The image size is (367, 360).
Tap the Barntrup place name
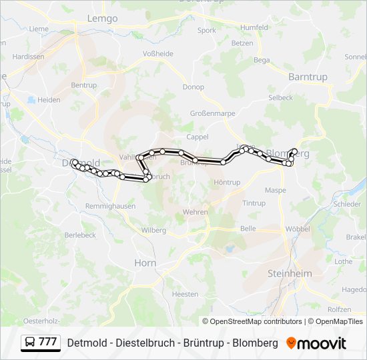[x=308, y=77]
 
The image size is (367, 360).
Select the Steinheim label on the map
[x=290, y=273]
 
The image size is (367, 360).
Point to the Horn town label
[x=145, y=263]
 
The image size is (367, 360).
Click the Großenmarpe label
[x=213, y=113]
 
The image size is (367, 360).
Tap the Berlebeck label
[x=80, y=235]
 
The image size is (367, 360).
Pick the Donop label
[x=194, y=87]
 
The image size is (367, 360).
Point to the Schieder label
[x=347, y=204]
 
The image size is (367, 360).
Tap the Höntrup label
[x=227, y=182]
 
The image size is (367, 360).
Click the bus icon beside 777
[x=30, y=343]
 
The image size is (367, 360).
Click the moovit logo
[x=316, y=343]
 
